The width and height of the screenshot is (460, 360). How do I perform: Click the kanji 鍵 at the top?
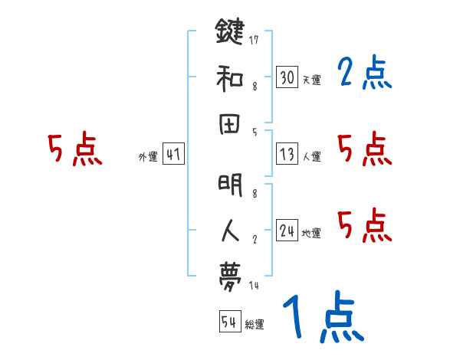pyautogui.click(x=229, y=32)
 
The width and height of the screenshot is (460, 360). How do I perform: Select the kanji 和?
pyautogui.click(x=229, y=77)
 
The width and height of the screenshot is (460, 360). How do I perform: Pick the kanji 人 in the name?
pyautogui.click(x=229, y=231)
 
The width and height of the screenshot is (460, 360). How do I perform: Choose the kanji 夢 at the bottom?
pyautogui.click(x=229, y=277)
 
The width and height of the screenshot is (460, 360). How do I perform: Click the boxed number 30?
pyautogui.click(x=287, y=77)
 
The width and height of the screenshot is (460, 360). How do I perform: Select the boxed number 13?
pyautogui.click(x=287, y=155)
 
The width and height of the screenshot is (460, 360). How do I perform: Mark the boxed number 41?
pyautogui.click(x=173, y=155)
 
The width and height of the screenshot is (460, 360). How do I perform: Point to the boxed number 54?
pyautogui.click(x=228, y=322)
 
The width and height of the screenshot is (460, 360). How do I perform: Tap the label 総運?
pyautogui.click(x=255, y=324)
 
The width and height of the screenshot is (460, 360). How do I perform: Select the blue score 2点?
pyautogui.click(x=364, y=74)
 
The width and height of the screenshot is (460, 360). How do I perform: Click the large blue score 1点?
pyautogui.click(x=323, y=318)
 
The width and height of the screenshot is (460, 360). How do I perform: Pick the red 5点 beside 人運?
pyautogui.click(x=364, y=149)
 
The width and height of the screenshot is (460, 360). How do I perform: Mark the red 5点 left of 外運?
pyautogui.click(x=74, y=150)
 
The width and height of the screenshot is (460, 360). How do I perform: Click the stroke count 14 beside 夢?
pyautogui.click(x=254, y=286)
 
